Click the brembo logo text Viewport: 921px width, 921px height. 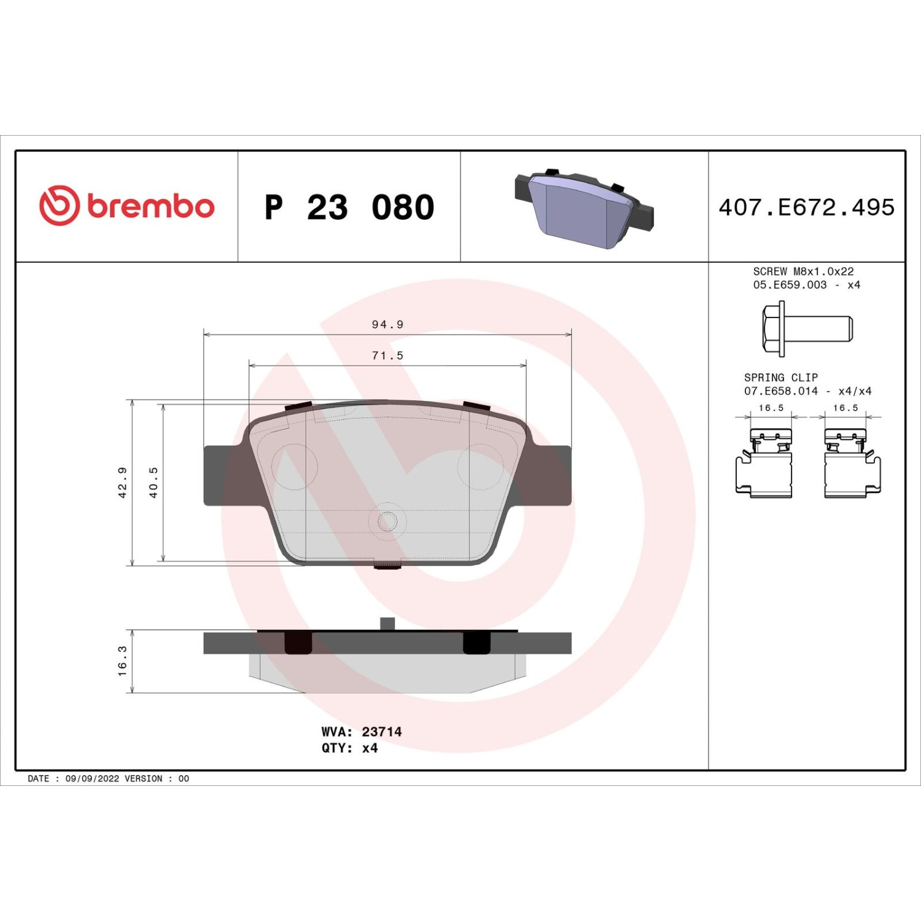coord(150,206)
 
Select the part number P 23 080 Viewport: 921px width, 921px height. coord(349,208)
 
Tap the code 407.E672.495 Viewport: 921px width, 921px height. coord(807,208)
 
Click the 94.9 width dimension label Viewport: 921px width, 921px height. coord(387,324)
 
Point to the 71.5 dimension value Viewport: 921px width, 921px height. coord(387,356)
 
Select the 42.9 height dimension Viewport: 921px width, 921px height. coord(122,483)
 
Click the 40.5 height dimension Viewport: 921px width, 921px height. coord(153,483)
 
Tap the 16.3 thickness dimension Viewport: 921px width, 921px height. coord(122,661)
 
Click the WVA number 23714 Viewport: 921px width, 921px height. coord(382,732)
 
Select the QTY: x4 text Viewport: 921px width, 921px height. coord(349,748)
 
